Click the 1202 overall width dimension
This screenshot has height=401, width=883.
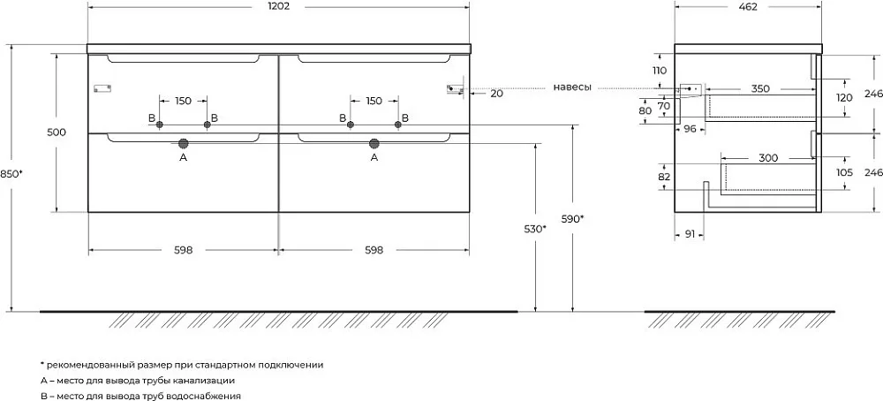(278, 7)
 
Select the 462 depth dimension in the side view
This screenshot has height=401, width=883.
(749, 7)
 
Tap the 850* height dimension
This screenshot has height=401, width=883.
(11, 173)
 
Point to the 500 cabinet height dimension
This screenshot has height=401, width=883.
(57, 132)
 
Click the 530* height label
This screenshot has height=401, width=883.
(535, 229)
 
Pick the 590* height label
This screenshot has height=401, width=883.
(572, 219)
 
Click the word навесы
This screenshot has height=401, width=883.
(572, 87)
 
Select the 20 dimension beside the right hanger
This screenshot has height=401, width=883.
(496, 94)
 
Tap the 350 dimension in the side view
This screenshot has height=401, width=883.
(759, 88)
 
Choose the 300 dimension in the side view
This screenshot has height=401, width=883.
(768, 158)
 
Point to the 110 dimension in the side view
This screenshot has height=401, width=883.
(659, 71)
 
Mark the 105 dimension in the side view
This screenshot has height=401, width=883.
(845, 172)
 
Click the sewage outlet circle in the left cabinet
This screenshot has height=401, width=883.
(183, 143)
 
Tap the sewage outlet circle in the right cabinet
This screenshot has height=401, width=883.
(374, 143)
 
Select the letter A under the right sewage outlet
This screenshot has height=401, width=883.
(374, 158)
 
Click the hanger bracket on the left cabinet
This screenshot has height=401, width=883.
(102, 87)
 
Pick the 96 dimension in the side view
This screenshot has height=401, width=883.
(690, 128)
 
